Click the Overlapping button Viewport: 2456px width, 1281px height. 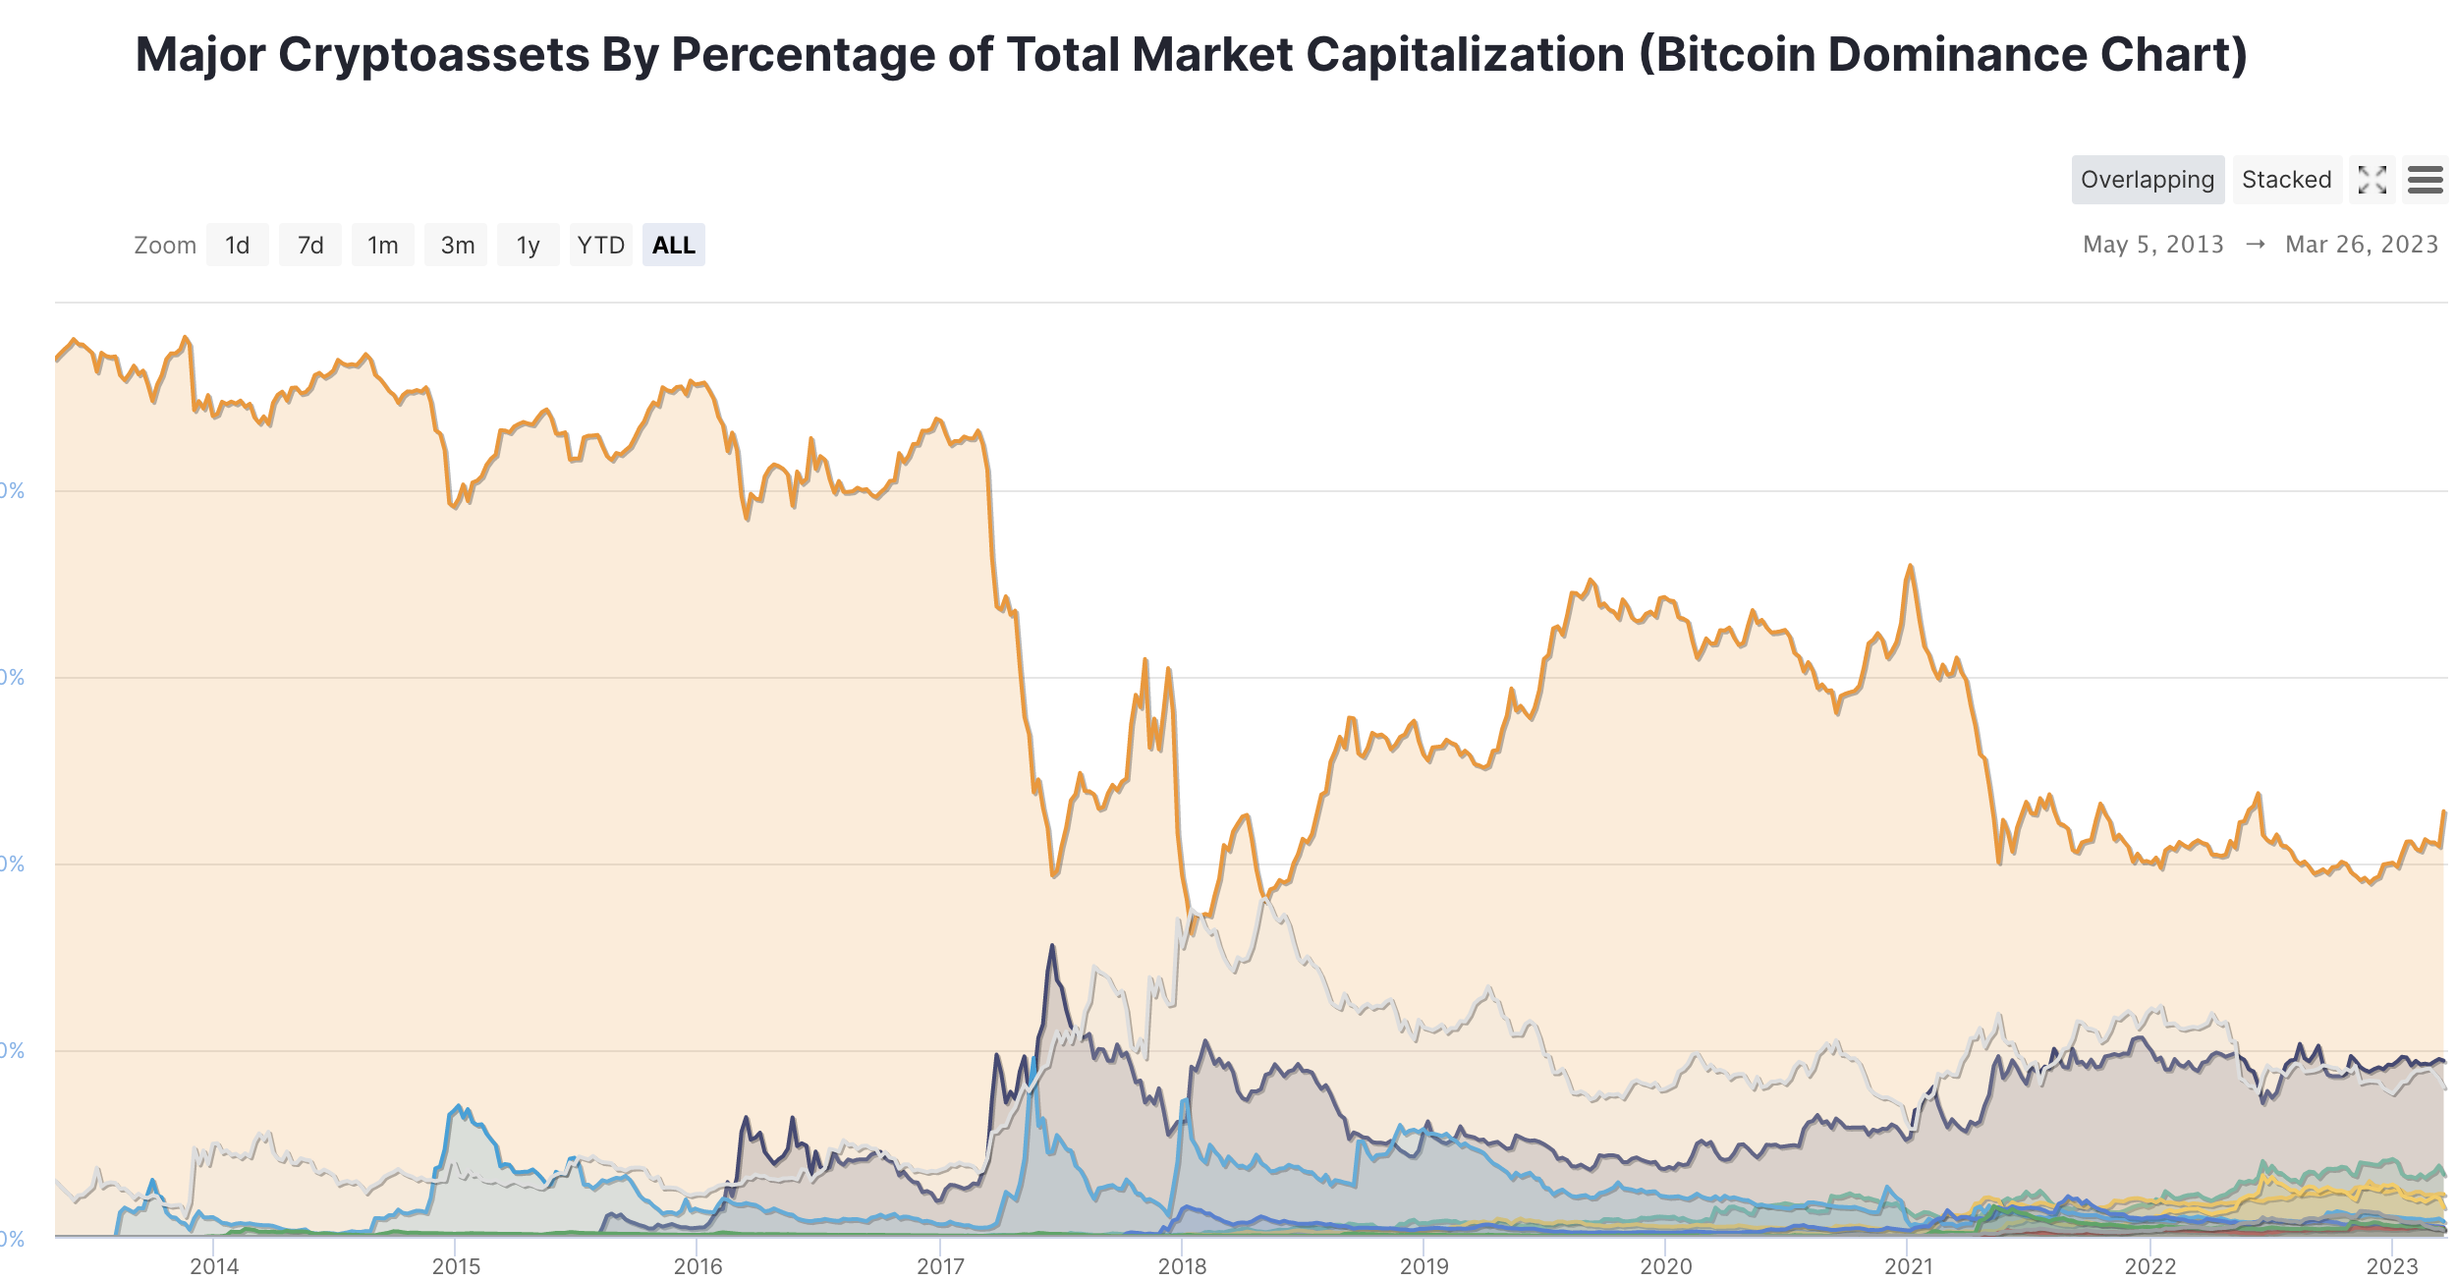[x=2147, y=180]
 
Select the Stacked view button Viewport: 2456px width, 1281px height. [x=2286, y=180]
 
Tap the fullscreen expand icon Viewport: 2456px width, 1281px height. [x=2372, y=180]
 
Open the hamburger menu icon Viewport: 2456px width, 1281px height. [x=2425, y=180]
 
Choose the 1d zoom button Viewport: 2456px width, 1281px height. [x=237, y=245]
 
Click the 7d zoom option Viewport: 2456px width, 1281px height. [x=310, y=245]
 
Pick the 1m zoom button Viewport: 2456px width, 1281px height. [x=383, y=245]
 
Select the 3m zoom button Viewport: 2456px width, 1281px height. [x=457, y=245]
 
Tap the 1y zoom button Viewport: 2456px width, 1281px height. [x=529, y=245]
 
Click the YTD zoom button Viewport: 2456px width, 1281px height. [x=600, y=245]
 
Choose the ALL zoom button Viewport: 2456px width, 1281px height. [x=673, y=245]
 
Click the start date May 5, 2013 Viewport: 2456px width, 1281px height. [x=2152, y=245]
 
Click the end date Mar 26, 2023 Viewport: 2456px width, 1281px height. [x=2361, y=245]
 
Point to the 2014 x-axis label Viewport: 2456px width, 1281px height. [x=214, y=1266]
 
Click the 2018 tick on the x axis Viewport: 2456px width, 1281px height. [x=1182, y=1266]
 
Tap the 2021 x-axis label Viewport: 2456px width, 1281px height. [x=1908, y=1266]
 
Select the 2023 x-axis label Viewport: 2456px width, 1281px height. [x=2391, y=1266]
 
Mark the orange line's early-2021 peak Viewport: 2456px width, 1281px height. [x=1910, y=566]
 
